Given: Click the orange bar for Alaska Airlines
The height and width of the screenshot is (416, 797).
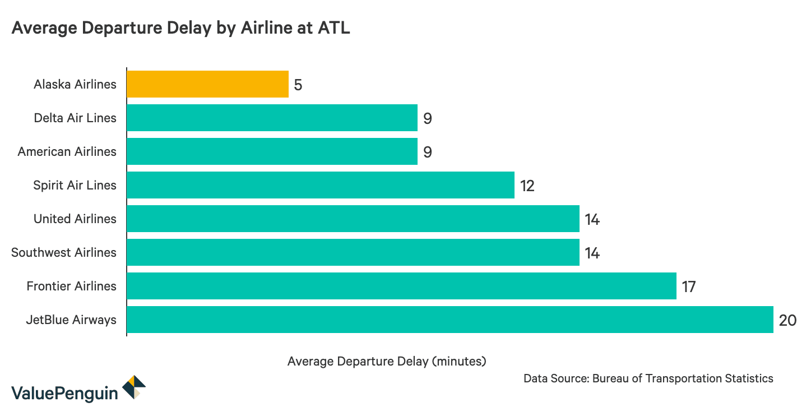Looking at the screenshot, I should tap(207, 84).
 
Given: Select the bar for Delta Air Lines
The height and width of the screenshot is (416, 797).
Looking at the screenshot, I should tap(272, 118).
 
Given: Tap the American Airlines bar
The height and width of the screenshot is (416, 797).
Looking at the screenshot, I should tap(272, 151).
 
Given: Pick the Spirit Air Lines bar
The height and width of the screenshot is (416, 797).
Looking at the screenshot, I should tap(320, 185).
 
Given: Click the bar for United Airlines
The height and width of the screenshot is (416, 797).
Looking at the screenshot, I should tap(353, 219).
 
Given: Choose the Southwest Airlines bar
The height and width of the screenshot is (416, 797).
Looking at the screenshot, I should tap(353, 252).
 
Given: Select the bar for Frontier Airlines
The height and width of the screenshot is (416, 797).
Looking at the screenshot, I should tap(401, 286).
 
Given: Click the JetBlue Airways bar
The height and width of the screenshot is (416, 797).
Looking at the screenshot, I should tap(450, 320).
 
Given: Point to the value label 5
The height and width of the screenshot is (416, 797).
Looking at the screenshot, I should tap(298, 85).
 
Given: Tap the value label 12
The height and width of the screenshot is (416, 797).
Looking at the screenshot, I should tap(527, 186).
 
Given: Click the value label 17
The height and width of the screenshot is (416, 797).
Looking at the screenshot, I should tap(688, 287).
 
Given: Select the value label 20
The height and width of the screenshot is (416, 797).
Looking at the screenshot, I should tap(787, 321).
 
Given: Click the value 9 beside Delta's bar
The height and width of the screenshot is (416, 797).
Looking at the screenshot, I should tap(427, 119).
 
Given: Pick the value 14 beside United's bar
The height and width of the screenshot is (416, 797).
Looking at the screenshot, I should tap(592, 220).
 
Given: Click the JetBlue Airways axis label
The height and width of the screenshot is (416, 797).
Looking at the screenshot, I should tap(71, 320).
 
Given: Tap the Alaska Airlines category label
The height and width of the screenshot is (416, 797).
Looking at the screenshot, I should tap(75, 85).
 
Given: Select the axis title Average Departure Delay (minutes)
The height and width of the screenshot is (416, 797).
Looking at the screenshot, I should tap(387, 362).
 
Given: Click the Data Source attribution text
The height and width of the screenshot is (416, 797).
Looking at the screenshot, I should tap(648, 378).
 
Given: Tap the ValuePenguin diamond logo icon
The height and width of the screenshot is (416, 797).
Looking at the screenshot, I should tap(134, 387).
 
